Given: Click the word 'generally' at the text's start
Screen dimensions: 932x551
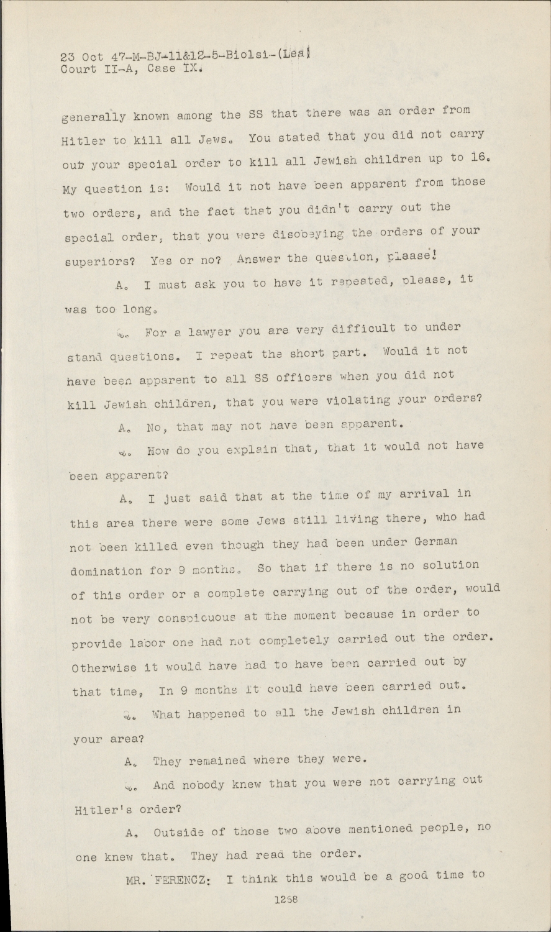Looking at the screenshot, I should pos(94,116).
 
